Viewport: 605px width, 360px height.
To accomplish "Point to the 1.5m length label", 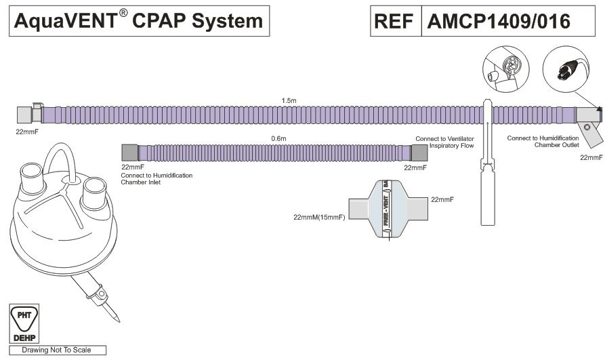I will click(x=289, y=100).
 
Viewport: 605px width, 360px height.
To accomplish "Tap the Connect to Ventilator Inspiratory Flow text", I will click(x=444, y=142).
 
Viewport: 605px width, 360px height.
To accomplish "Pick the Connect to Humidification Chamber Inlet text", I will click(x=157, y=179).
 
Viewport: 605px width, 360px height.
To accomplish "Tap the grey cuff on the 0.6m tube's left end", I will click(x=129, y=153).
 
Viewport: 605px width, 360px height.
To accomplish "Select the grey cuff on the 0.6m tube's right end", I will click(x=419, y=153).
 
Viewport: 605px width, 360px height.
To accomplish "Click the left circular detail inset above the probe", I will click(x=505, y=71).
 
